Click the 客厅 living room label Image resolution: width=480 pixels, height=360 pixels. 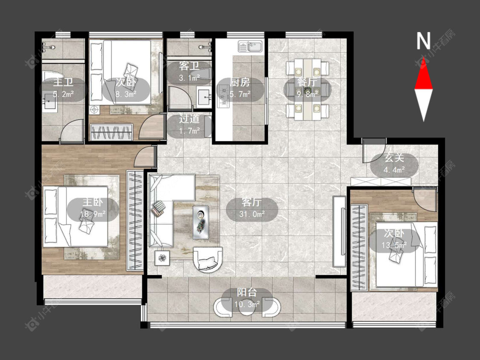(251, 202)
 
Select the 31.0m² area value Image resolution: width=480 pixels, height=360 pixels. (252, 214)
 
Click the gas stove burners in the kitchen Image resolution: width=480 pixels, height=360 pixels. (223, 97)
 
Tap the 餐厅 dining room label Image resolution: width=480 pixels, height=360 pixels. (307, 82)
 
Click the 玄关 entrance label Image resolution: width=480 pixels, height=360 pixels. (394, 158)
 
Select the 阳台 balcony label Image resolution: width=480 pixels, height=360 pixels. (247, 292)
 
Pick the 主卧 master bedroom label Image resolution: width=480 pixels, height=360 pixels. (93, 202)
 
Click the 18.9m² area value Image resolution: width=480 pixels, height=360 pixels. (93, 214)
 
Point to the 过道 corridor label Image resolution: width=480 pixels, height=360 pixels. (189, 119)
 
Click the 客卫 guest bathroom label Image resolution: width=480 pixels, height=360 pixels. (189, 66)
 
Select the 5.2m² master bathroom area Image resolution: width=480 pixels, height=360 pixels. (63, 94)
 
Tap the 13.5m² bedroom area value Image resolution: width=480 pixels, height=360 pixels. (394, 245)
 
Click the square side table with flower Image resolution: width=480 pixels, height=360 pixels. (162, 258)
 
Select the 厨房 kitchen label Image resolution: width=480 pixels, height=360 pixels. (240, 82)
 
